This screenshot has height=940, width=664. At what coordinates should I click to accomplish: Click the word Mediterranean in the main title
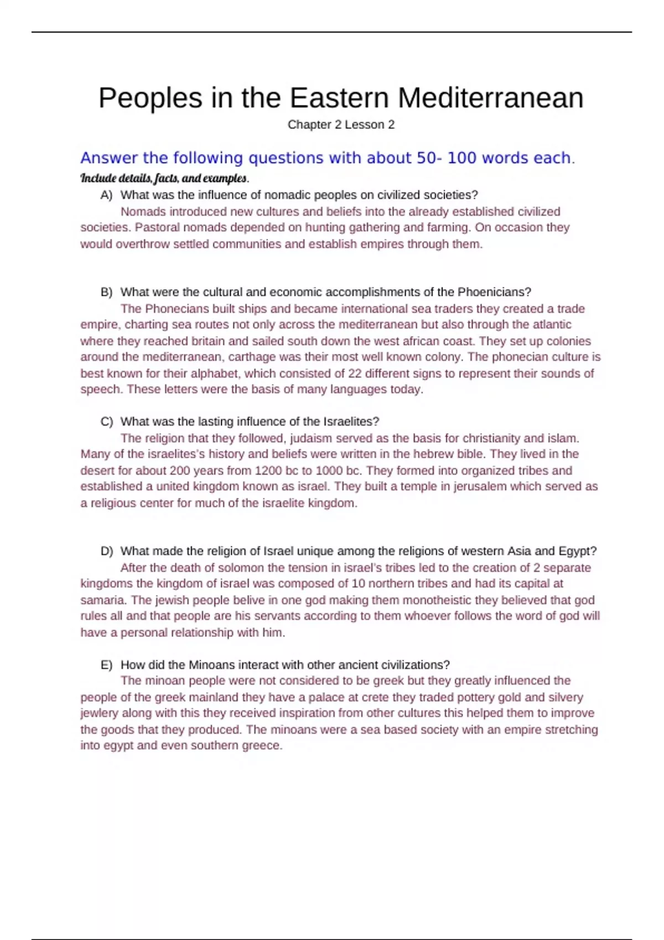(x=490, y=98)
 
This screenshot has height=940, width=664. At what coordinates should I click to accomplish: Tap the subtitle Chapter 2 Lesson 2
(x=341, y=125)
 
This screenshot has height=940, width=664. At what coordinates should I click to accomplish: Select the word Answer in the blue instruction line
(x=109, y=158)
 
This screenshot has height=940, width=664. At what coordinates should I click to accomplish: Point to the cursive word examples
(x=225, y=178)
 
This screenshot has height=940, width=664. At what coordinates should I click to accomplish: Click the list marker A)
(x=107, y=195)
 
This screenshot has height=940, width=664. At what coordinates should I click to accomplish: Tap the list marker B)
(x=107, y=292)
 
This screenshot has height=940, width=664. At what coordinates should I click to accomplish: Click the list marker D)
(x=107, y=551)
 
